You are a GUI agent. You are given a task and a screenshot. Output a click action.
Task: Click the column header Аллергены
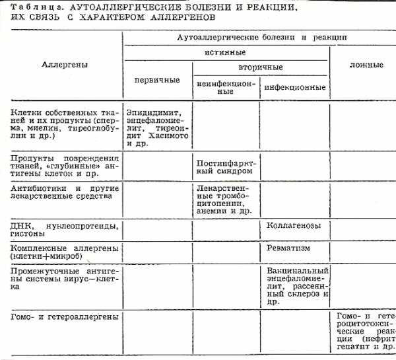coord(65,65)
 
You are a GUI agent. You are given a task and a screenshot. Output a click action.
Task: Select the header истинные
coord(225,52)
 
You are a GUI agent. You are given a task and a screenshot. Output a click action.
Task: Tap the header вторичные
coord(260,67)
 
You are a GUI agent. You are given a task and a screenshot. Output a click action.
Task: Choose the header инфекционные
coord(294,87)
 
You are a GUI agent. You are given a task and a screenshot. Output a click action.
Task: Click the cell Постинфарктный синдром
coord(226,166)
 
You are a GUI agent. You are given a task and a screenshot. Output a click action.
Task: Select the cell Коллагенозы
coord(294,226)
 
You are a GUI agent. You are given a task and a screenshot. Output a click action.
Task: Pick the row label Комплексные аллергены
coord(63,251)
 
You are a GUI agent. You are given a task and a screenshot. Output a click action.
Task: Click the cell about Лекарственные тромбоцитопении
coord(226,199)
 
